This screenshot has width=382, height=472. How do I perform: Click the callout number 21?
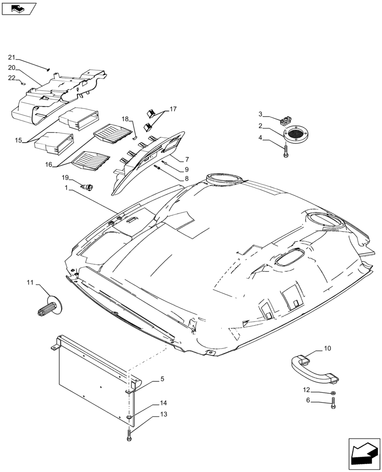(12, 57)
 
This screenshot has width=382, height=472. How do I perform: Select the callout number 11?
(30, 282)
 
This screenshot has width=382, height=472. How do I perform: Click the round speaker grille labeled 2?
(296, 134)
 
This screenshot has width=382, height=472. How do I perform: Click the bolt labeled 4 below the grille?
(286, 152)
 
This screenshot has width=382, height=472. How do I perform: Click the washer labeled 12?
(334, 393)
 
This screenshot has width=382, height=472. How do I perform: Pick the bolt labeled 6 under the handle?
(334, 404)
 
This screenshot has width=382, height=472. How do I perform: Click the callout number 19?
(66, 177)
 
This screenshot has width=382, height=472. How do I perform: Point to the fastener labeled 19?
(88, 187)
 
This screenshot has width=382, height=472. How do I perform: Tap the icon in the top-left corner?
(19, 8)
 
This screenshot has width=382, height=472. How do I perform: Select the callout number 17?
(173, 110)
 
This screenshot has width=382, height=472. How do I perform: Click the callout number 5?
(162, 379)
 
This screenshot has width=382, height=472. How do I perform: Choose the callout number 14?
(163, 404)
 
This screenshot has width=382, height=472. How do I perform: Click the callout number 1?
(68, 188)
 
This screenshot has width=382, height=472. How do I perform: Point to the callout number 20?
(12, 67)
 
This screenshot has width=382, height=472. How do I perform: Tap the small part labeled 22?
(23, 84)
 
